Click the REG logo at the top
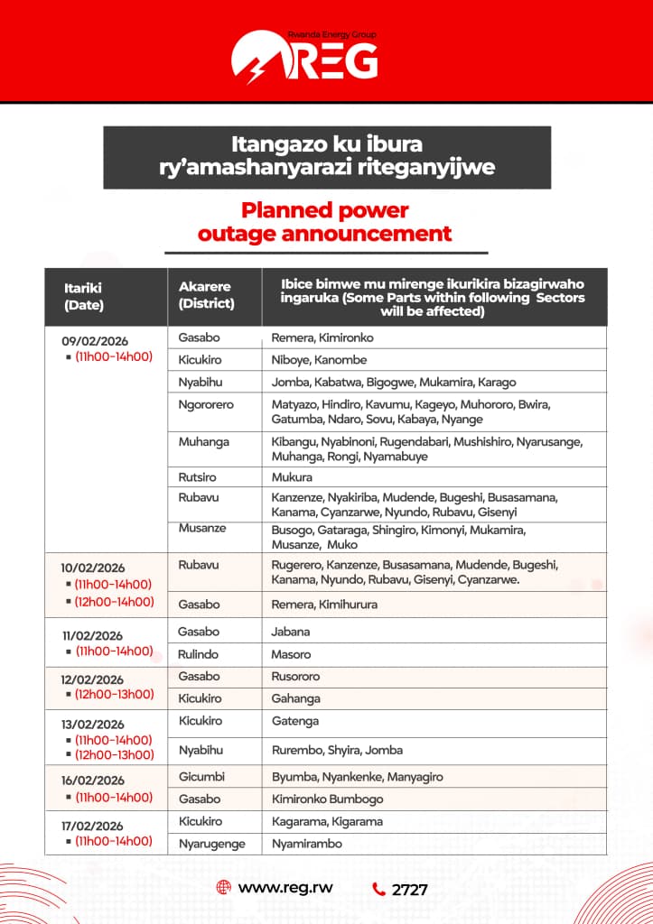304,56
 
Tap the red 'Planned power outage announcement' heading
325,222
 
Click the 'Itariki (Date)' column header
83,296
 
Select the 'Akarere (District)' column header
206,296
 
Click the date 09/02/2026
95,340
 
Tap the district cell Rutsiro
198,476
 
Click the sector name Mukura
292,476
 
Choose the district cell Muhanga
204,441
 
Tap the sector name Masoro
291,653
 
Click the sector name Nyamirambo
304,844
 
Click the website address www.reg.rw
285,887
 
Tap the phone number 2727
409,889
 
